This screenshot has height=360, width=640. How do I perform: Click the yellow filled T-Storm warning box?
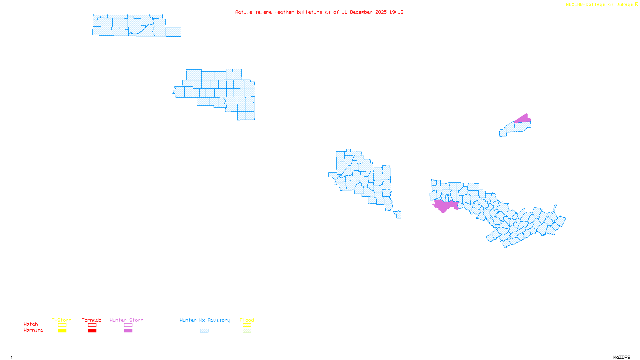62,331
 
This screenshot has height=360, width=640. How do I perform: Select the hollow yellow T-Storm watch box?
62,325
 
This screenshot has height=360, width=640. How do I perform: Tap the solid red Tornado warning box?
92,331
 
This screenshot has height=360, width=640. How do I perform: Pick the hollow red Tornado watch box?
92,325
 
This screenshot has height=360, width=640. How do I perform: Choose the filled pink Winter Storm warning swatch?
128,331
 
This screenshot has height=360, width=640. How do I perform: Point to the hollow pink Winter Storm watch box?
128,325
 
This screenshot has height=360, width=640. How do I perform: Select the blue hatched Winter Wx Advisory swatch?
204,331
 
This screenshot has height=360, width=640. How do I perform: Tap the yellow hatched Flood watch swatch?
247,325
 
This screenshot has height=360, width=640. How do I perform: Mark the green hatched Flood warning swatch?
247,331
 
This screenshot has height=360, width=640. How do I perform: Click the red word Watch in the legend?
31,324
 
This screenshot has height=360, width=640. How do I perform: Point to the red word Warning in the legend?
33,330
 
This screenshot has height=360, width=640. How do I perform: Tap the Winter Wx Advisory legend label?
205,320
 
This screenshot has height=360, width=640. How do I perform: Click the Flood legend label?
247,320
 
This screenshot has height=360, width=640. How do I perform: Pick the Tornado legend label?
92,320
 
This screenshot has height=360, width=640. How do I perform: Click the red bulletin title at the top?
319,12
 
